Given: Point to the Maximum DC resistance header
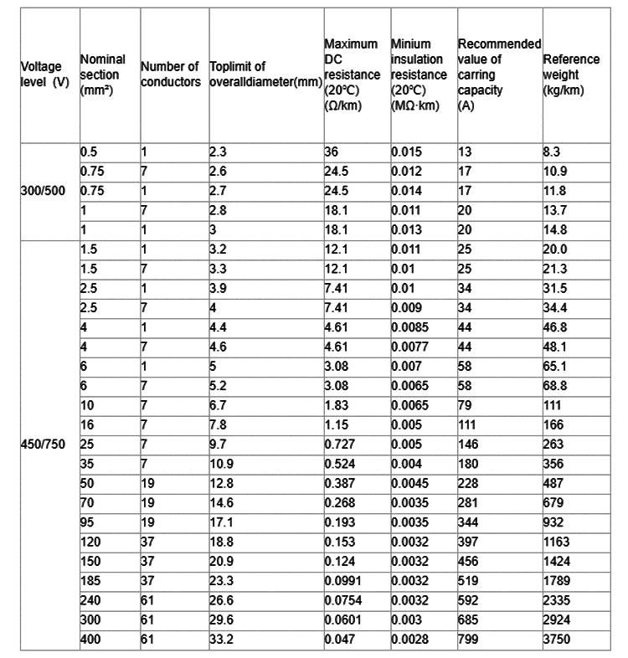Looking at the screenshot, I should (x=352, y=75).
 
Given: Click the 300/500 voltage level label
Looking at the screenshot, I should (x=39, y=190).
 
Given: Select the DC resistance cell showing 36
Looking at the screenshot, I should (x=332, y=152).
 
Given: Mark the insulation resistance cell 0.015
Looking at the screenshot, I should (x=406, y=152).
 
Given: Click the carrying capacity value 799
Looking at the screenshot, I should (x=469, y=640).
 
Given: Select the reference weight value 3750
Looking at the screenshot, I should (x=556, y=640).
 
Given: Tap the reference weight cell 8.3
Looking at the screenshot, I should (x=551, y=152).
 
